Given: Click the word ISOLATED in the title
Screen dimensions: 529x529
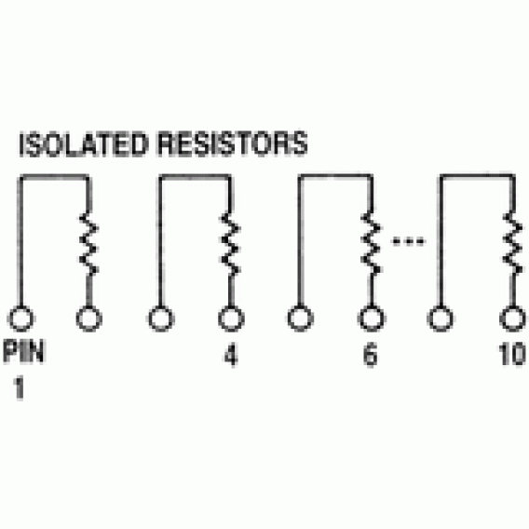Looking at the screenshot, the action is [x=83, y=144].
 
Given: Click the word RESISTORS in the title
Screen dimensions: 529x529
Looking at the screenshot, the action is [x=233, y=144].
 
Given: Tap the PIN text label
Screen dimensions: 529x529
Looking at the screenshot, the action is [x=23, y=351].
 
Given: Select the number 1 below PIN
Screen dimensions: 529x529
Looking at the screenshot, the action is [x=20, y=387].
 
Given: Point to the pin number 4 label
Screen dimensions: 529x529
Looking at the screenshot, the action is [x=231, y=355].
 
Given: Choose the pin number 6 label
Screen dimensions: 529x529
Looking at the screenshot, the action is [x=370, y=355].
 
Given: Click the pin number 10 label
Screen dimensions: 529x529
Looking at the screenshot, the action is [x=512, y=354].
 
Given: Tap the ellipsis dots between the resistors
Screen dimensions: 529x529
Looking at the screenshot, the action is [x=408, y=241].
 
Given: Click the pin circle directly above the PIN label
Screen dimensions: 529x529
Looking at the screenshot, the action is [x=20, y=319].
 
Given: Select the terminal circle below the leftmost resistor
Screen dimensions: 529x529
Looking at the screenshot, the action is [x=89, y=319].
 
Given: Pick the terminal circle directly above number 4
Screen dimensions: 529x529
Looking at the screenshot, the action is [x=231, y=319].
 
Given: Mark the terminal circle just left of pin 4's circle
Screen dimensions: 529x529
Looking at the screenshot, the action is [x=161, y=319].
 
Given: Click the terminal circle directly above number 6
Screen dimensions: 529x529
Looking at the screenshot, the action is [x=371, y=319].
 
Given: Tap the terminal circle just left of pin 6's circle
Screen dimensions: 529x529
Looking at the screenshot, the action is [x=300, y=319].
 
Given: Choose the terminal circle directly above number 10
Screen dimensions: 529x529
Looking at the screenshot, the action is [x=512, y=319].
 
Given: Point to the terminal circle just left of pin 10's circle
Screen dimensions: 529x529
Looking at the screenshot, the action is [x=441, y=319].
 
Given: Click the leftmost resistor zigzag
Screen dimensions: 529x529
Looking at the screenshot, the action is [x=89, y=244].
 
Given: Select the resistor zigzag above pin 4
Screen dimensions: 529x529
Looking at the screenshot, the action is [x=231, y=244].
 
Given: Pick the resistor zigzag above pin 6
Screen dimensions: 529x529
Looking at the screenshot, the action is [x=371, y=244].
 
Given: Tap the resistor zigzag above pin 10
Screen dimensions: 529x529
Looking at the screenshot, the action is [x=513, y=244].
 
